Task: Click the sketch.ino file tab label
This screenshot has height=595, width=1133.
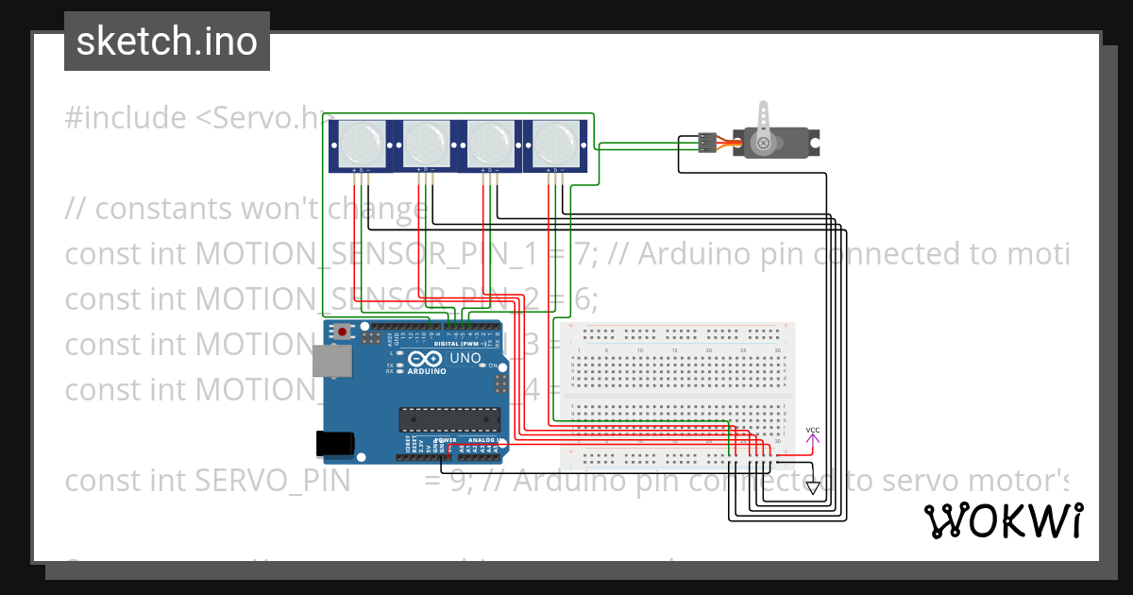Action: tap(166, 42)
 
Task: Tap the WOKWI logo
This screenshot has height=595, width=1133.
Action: tap(1004, 520)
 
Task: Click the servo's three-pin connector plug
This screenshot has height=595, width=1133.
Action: tap(706, 143)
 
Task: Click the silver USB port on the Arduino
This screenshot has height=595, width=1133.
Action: tap(330, 361)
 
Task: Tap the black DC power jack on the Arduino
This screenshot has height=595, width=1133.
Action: tap(334, 442)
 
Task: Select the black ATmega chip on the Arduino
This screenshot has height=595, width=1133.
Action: tap(448, 418)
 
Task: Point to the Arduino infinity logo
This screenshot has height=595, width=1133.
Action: tap(416, 361)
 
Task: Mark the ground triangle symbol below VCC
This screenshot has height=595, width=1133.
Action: tap(812, 487)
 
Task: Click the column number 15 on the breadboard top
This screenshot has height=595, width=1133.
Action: tap(674, 350)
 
